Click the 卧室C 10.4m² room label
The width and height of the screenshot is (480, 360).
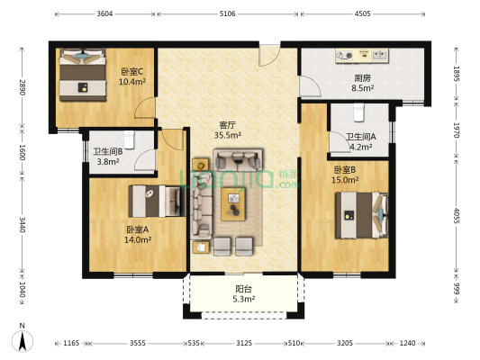[132, 76]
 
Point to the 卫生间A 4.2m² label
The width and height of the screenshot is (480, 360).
[360, 141]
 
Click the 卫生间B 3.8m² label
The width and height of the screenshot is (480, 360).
[107, 157]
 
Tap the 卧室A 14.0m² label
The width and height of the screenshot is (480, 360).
[138, 235]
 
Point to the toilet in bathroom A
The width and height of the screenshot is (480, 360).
[358, 111]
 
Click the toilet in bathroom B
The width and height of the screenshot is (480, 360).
[130, 139]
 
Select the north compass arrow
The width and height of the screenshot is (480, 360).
[21, 340]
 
